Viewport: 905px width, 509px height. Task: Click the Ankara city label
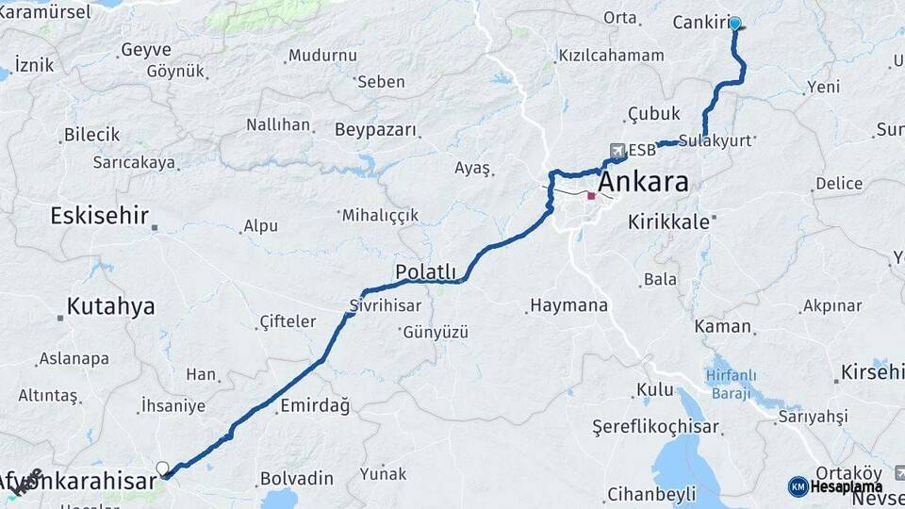(644, 182)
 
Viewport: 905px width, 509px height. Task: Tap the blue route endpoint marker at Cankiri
(734, 24)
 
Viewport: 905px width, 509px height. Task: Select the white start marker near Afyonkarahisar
(162, 468)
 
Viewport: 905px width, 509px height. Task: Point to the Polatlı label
(425, 271)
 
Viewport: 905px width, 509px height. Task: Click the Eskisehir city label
(99, 216)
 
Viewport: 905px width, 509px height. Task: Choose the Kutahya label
(110, 306)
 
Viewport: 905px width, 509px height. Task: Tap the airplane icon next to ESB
(617, 150)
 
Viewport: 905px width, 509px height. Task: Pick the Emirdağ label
(315, 406)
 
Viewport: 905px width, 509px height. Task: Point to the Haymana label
(568, 305)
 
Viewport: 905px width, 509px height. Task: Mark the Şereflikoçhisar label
(655, 426)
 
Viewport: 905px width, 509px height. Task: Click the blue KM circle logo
(798, 486)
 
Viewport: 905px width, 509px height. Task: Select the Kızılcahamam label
(611, 56)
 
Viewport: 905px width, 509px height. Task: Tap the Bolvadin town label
(296, 478)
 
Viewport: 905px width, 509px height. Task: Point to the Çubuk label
(653, 114)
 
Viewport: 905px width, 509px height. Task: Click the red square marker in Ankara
(591, 196)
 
